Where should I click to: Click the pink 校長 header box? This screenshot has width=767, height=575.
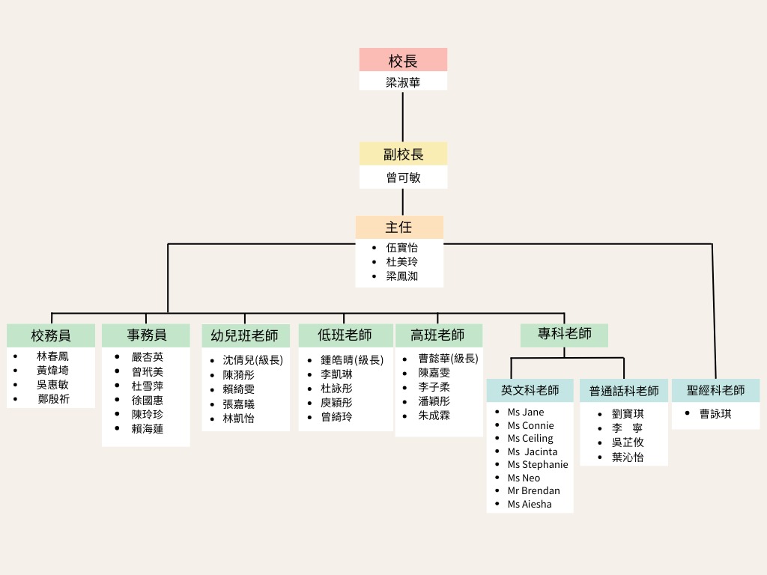403,60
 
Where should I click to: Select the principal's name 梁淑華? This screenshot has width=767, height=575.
402,82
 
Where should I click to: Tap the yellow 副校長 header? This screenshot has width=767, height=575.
403,154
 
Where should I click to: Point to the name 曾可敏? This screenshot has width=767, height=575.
403,177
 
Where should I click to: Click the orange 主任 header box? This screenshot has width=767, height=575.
399,228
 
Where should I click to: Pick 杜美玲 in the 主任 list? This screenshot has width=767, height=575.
401,261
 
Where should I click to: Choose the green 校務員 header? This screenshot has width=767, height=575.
51,335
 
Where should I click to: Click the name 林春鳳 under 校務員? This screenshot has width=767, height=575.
52,356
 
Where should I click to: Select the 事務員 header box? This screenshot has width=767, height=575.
146,335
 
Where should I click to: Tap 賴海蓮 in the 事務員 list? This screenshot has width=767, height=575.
148,429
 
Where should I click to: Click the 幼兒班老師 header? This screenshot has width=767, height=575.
246,335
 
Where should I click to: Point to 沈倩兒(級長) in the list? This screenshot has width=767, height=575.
253,360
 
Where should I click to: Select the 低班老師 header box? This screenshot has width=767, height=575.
345,335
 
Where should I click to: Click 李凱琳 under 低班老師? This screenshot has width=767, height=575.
336,374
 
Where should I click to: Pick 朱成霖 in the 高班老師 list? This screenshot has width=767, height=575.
434,416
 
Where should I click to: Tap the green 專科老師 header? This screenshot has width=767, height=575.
564,335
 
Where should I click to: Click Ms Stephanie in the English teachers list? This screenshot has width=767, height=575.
538,464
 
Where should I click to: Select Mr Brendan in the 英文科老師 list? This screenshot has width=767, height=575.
533,491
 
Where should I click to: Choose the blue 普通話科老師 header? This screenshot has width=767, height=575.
624,391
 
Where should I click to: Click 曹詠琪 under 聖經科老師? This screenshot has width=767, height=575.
715,413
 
